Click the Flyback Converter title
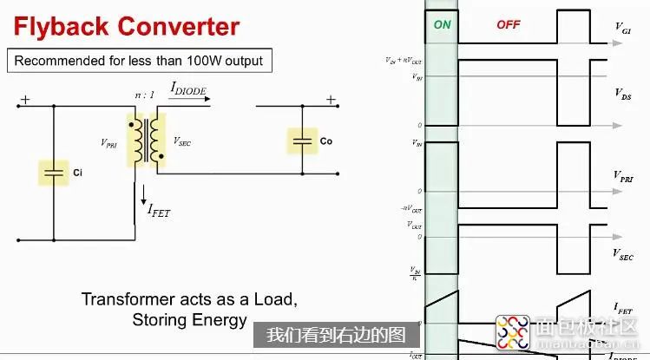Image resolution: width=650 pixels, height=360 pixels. pyautogui.click(x=126, y=26)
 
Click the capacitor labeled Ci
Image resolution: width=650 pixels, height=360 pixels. pyautogui.click(x=54, y=172)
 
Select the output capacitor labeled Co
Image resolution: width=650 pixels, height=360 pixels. pyautogui.click(x=302, y=140)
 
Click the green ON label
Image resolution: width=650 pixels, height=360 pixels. pyautogui.click(x=443, y=25)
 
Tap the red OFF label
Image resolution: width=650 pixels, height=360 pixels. pyautogui.click(x=508, y=25)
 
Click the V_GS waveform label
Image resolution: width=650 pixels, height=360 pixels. pyautogui.click(x=622, y=32)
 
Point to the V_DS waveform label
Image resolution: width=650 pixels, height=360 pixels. pyautogui.click(x=623, y=93)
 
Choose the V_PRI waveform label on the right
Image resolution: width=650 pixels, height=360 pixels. pyautogui.click(x=624, y=178)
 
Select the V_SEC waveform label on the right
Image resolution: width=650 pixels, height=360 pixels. pyautogui.click(x=622, y=254)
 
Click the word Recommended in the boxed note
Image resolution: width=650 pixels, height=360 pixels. pyautogui.click(x=54, y=61)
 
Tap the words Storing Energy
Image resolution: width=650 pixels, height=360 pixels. pyautogui.click(x=189, y=320)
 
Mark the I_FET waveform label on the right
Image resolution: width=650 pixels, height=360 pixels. pyautogui.click(x=622, y=308)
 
